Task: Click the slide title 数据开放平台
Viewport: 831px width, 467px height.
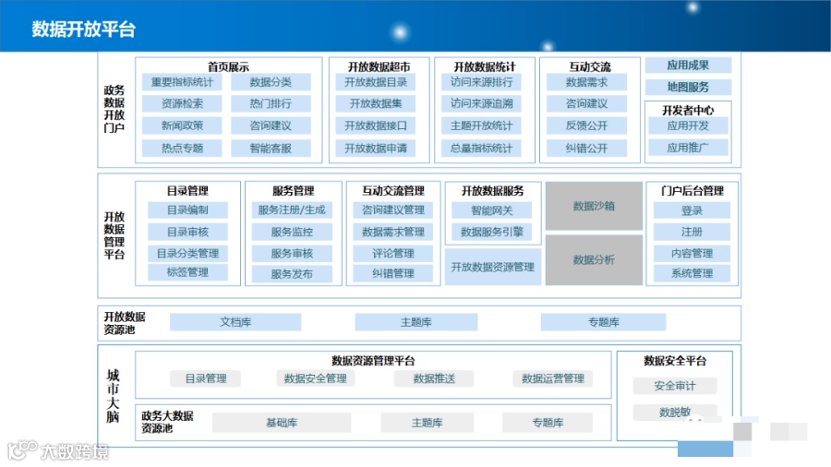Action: (84, 29)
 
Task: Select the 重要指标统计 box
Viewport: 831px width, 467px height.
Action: (182, 82)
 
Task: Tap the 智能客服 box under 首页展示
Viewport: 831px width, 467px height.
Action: (271, 148)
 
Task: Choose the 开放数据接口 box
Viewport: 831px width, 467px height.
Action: (376, 126)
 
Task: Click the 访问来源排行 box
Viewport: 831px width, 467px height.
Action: (481, 82)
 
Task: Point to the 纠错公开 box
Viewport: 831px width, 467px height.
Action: (587, 148)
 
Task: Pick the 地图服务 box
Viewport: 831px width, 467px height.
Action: (688, 87)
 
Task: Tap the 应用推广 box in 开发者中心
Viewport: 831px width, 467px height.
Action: (688, 148)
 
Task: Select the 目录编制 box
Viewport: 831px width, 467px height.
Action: (187, 210)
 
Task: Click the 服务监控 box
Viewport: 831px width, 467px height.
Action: (292, 233)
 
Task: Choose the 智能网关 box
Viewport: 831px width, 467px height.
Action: (492, 210)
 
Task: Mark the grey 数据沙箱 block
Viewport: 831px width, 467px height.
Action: (594, 206)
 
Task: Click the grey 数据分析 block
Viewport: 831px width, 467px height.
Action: (594, 259)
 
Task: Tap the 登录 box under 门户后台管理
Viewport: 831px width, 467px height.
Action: (692, 210)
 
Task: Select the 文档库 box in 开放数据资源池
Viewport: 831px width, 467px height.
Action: (235, 322)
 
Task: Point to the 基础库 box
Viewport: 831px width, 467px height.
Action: (282, 423)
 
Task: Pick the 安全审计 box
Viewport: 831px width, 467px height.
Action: (675, 386)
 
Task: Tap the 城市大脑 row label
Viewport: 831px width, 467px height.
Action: (113, 395)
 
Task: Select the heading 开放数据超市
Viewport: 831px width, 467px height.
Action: (376, 66)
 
